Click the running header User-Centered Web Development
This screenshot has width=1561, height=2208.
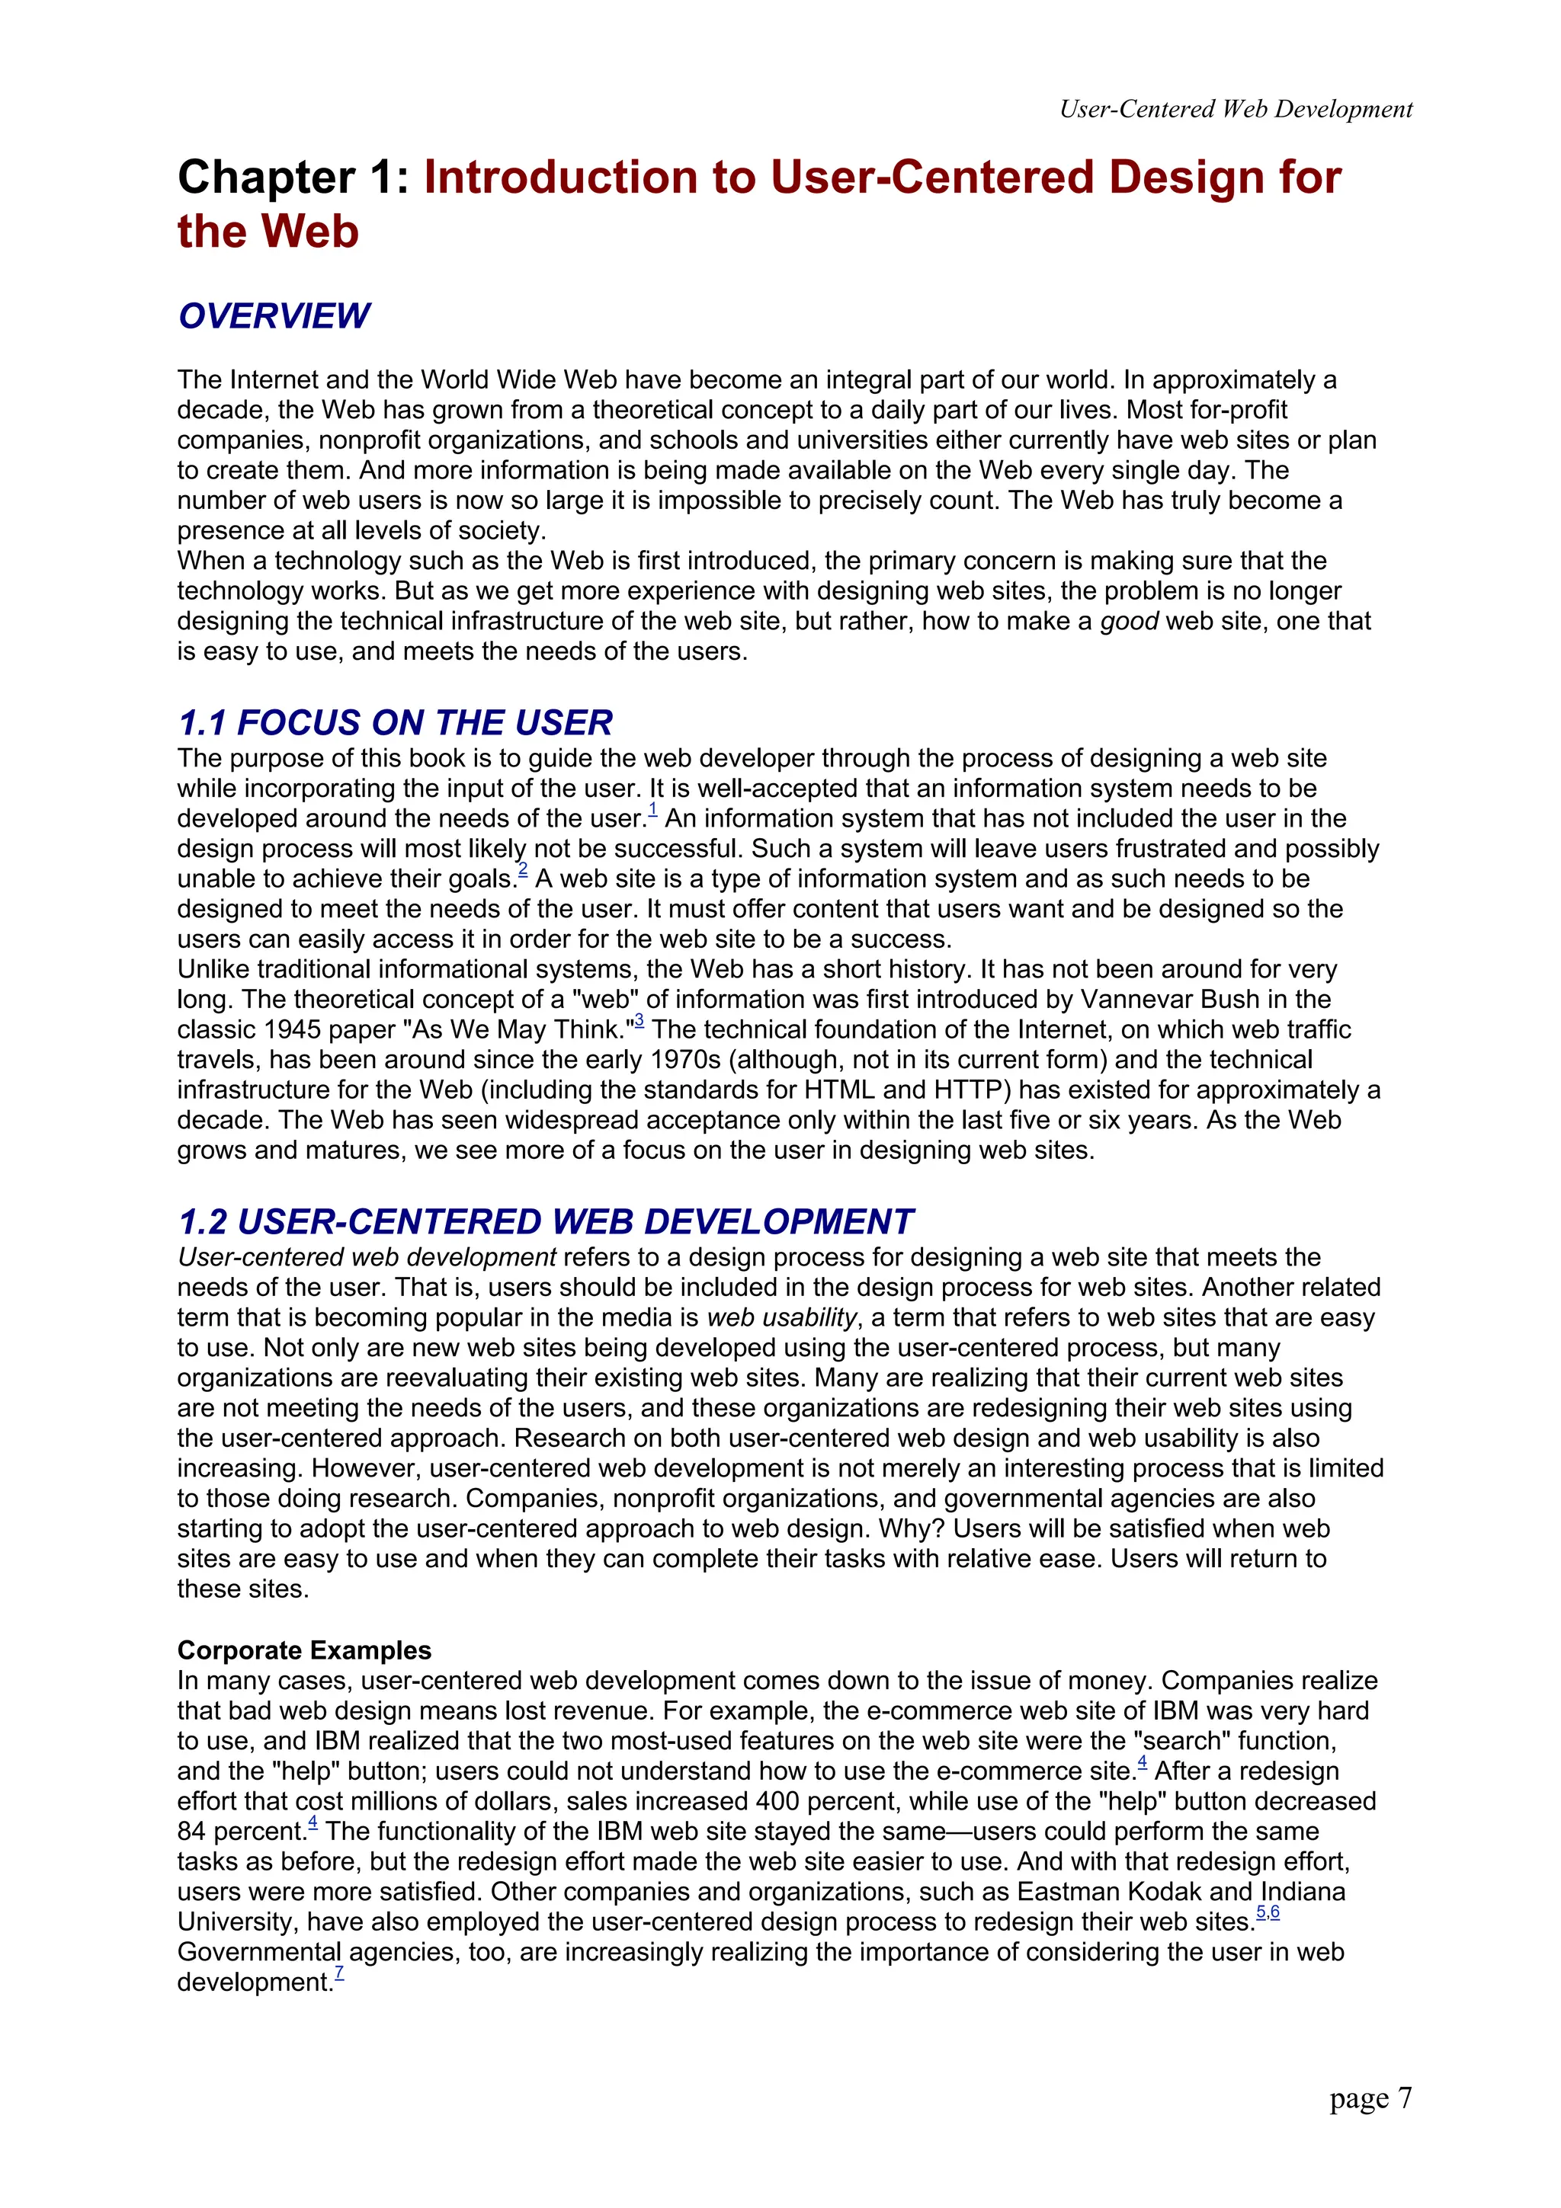click(1235, 110)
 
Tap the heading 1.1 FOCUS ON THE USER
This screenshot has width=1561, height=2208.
click(396, 723)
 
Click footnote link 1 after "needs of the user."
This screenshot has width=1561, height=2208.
click(652, 811)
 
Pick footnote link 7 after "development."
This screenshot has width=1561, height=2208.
click(338, 1973)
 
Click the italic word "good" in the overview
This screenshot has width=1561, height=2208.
click(1128, 621)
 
